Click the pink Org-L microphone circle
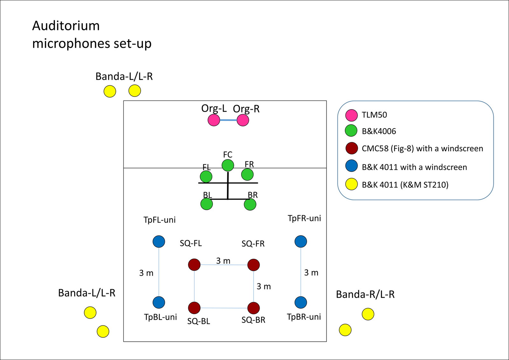(x=214, y=120)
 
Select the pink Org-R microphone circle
(x=243, y=120)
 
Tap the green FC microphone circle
(x=228, y=165)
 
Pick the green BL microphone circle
(x=207, y=204)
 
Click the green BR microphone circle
(x=250, y=204)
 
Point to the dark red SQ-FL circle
(x=194, y=265)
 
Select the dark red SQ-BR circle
(x=254, y=308)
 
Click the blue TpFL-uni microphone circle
(x=159, y=242)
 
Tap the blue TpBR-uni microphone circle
(x=301, y=302)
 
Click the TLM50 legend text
(x=374, y=115)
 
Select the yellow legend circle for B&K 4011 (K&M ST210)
(x=352, y=184)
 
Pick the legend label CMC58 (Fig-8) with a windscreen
(x=422, y=148)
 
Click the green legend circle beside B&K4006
(x=351, y=131)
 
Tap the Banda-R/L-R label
(x=365, y=294)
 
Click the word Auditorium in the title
(x=66, y=26)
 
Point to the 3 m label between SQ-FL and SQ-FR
(x=223, y=261)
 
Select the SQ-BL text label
(x=199, y=321)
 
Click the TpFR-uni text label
(x=304, y=218)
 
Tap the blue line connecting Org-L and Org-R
(x=228, y=120)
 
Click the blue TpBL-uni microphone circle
(x=159, y=302)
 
